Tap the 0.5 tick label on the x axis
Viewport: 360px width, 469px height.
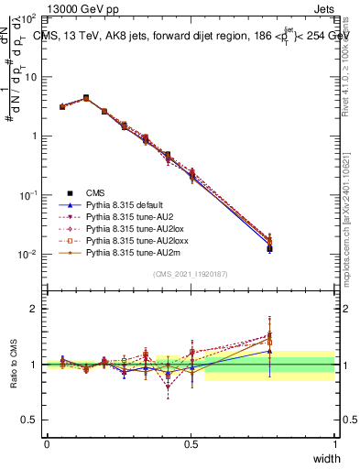click(191, 444)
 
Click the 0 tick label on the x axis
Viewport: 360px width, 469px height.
click(47, 444)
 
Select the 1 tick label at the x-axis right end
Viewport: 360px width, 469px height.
click(334, 444)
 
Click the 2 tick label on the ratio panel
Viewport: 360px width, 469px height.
click(34, 309)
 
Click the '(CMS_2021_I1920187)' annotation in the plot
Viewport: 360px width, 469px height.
click(191, 274)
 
